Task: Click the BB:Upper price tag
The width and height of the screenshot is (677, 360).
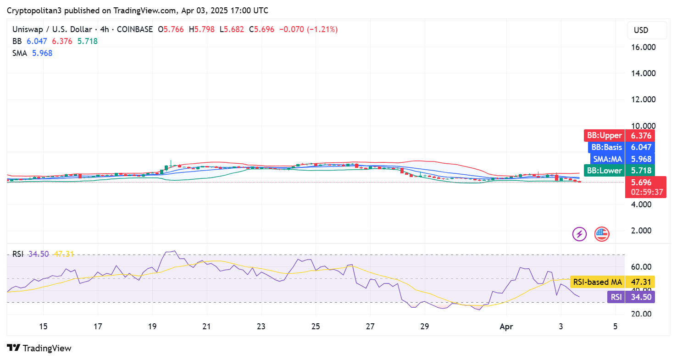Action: point(619,135)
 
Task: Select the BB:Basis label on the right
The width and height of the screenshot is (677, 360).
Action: point(622,147)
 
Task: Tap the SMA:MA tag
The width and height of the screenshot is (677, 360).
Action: point(622,159)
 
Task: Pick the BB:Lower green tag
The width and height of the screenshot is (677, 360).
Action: point(619,171)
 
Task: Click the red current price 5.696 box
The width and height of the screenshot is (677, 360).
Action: point(645,187)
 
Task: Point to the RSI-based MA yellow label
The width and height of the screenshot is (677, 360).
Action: point(612,282)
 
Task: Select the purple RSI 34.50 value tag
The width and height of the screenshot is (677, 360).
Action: point(631,297)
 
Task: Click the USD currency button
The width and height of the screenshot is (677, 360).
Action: point(647,30)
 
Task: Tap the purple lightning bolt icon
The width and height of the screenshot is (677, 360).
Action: point(579,234)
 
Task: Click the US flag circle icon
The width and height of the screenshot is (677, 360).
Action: point(602,234)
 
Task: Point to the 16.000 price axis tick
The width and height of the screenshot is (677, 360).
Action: point(644,47)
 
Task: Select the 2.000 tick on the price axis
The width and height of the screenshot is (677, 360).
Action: point(645,231)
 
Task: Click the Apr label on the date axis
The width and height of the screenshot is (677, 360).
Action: point(506,327)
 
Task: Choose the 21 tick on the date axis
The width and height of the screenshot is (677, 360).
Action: point(206,327)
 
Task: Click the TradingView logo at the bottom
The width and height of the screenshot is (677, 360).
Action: point(39,348)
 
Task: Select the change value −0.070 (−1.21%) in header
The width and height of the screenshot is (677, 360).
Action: point(308,29)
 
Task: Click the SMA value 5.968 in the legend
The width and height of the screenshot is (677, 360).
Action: point(42,53)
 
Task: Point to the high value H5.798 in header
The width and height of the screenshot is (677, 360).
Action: point(202,29)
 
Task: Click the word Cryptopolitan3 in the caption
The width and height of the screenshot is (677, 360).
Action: point(34,11)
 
